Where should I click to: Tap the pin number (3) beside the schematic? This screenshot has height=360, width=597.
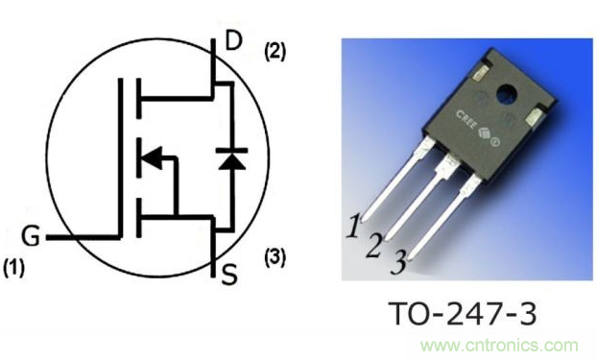(x=275, y=257)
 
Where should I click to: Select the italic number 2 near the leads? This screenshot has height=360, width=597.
(x=374, y=245)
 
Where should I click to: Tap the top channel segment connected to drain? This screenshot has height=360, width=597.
(x=139, y=96)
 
